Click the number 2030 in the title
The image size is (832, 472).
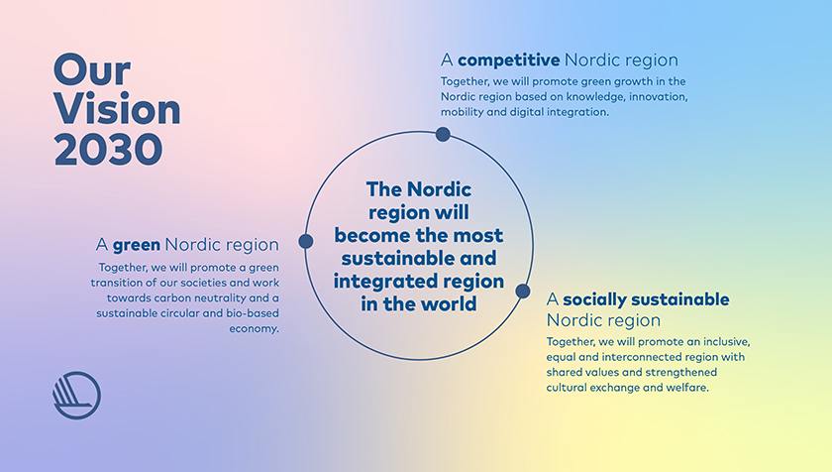pos(107,149)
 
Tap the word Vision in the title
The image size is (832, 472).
pos(117,109)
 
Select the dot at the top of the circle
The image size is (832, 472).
pos(443,134)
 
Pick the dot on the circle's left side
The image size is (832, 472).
pos(305,241)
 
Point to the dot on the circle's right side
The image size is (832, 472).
pos(523,292)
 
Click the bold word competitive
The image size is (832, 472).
pos(508,60)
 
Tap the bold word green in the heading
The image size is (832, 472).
pos(137,244)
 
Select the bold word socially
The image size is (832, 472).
pos(600,299)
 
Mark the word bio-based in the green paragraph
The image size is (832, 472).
pos(247,313)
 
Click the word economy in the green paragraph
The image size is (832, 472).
pos(253,329)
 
